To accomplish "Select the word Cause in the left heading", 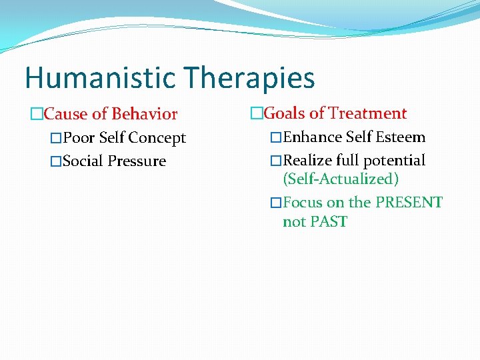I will (65, 114).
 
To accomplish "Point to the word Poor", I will (79, 138).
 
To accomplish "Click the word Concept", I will (159, 138).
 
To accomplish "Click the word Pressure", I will (137, 161).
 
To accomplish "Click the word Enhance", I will (311, 137).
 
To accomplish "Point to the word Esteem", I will (401, 137).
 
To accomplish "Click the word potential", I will (395, 161).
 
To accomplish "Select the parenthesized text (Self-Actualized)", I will (341, 179).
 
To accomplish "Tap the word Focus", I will (303, 202).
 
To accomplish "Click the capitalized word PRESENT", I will (408, 202).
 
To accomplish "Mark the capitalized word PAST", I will (329, 221).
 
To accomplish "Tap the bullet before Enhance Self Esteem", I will (276, 138).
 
